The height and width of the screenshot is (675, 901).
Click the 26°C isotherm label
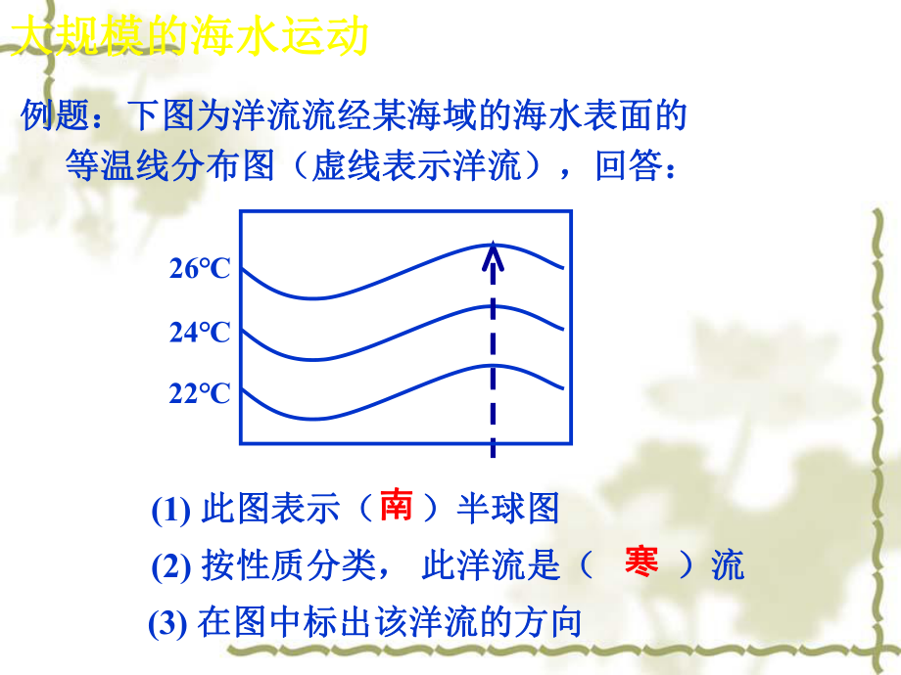pos(199,268)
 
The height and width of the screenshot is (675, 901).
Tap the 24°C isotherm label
pos(199,332)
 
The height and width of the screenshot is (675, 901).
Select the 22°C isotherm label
pos(199,393)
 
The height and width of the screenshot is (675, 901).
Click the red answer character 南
pos(396,506)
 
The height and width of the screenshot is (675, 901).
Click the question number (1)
pos(172,510)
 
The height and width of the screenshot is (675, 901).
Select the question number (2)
pos(172,566)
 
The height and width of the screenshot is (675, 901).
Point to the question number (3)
pos(168,623)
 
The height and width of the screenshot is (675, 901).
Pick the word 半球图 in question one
pos(507,509)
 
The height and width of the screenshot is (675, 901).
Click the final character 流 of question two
pos(728,565)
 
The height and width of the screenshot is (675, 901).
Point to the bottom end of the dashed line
pos(493,453)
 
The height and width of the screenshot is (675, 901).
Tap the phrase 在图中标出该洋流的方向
pos(390,623)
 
